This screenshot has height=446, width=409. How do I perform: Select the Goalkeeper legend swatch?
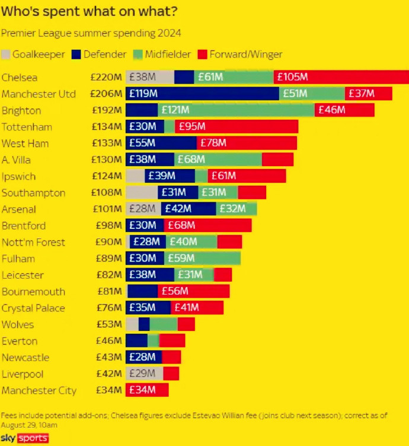point(7,55)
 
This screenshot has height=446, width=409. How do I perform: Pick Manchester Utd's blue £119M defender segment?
point(202,94)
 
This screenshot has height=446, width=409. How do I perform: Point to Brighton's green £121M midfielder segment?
point(236,110)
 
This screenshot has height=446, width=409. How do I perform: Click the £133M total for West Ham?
point(107,144)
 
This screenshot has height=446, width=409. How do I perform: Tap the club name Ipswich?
point(19,177)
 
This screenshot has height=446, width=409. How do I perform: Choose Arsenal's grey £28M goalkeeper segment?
point(143,209)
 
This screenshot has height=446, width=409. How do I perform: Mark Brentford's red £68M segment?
point(208,226)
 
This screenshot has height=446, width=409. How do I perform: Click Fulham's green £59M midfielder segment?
point(202,259)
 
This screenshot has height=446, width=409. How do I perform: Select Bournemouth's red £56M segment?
point(193,291)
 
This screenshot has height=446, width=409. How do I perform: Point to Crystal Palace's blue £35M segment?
point(148,308)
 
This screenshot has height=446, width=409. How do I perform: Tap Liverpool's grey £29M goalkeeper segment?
point(144,374)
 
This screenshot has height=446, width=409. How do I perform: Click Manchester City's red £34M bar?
point(147,390)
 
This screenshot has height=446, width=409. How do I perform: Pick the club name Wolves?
point(18,324)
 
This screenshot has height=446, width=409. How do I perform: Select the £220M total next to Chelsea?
point(106,77)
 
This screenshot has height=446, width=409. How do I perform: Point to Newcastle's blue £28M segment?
point(143,357)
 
